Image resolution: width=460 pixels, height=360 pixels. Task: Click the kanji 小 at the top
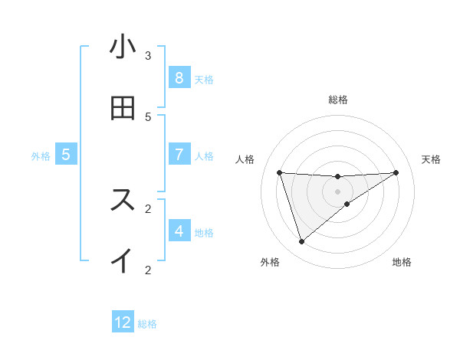[123, 47]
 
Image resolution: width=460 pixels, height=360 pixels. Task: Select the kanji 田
[123, 108]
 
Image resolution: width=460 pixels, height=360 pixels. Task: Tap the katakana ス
[123, 200]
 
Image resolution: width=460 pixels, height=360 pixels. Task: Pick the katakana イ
[123, 260]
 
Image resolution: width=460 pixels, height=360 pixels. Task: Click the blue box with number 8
[179, 78]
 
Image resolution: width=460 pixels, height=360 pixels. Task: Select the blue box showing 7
[179, 155]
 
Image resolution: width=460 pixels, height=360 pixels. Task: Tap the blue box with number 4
[179, 231]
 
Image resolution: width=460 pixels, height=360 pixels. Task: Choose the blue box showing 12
[123, 322]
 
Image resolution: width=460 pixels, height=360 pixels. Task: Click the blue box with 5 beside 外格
[66, 155]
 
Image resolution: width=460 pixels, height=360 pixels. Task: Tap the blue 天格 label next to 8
[204, 79]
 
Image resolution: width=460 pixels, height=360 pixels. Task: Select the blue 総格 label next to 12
[147, 324]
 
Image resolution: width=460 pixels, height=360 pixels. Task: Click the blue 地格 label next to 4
[204, 232]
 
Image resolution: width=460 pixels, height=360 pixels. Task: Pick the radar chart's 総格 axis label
[338, 100]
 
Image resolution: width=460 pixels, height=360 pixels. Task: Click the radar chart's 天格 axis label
[431, 159]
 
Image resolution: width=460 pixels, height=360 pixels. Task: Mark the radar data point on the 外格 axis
[301, 242]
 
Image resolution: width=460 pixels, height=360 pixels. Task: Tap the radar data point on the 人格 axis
[280, 172]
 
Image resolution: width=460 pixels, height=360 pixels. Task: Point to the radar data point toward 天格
[396, 172]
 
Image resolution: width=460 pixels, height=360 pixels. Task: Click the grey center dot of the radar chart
[338, 191]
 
